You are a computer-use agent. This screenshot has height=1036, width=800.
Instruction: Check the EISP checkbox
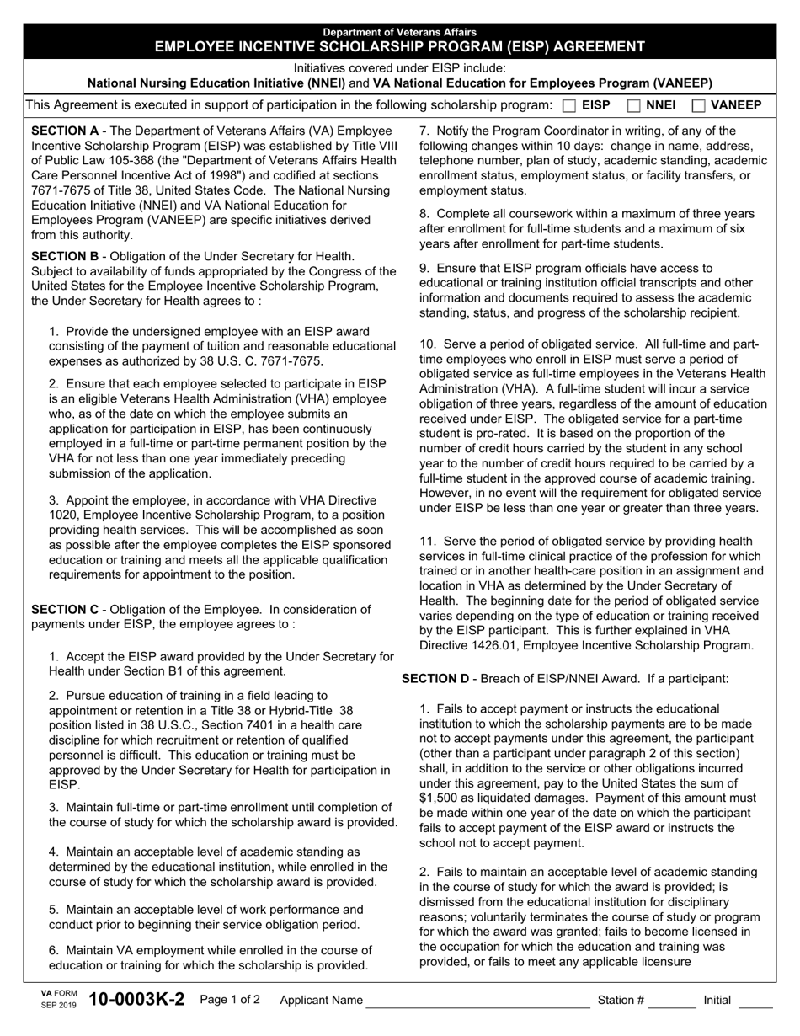click(x=569, y=106)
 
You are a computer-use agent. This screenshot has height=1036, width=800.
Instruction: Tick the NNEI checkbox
click(x=634, y=106)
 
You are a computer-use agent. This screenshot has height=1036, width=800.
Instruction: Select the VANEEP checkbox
click(x=699, y=106)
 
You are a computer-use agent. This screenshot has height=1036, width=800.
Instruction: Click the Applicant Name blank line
click(x=476, y=1001)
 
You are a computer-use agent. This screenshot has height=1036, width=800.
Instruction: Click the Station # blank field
click(x=672, y=1001)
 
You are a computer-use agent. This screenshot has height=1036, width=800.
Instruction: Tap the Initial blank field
click(x=755, y=1001)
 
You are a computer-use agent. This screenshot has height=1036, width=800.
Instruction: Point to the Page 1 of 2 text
click(x=230, y=1001)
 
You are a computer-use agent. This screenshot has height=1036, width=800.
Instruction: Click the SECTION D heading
click(x=435, y=678)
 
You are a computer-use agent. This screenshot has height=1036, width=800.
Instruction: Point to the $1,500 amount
click(x=439, y=798)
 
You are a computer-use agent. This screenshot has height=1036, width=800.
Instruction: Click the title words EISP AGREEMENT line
click(x=399, y=46)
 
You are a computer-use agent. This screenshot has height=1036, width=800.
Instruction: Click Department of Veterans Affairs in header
click(x=399, y=32)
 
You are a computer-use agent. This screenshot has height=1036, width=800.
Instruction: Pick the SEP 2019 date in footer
click(x=58, y=1006)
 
